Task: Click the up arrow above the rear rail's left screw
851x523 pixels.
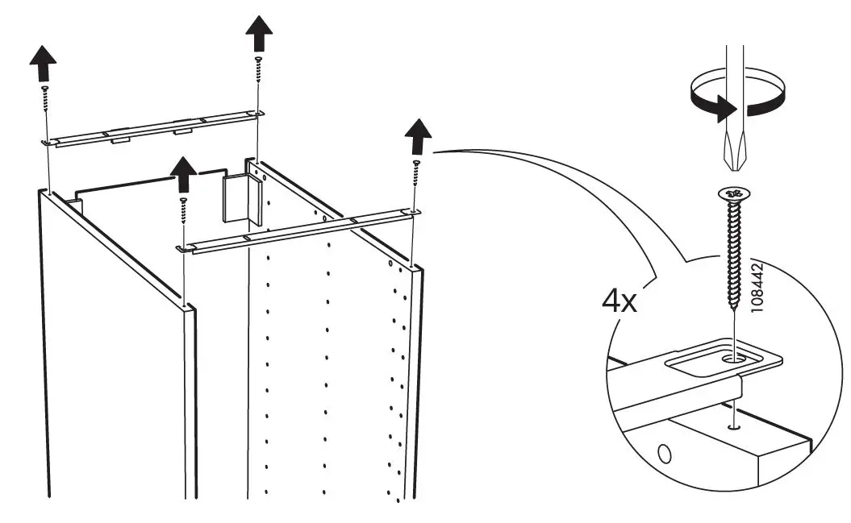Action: point(44,62)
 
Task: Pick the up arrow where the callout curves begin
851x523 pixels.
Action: point(417,137)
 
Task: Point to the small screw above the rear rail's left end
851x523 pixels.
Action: point(47,102)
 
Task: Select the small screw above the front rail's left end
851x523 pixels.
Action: point(184,211)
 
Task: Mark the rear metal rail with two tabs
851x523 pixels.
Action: point(153,127)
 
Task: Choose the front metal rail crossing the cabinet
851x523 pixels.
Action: point(298,229)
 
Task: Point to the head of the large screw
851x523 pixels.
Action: point(734,194)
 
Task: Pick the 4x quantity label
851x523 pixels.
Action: point(620,302)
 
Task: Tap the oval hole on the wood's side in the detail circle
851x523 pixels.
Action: point(664,454)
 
